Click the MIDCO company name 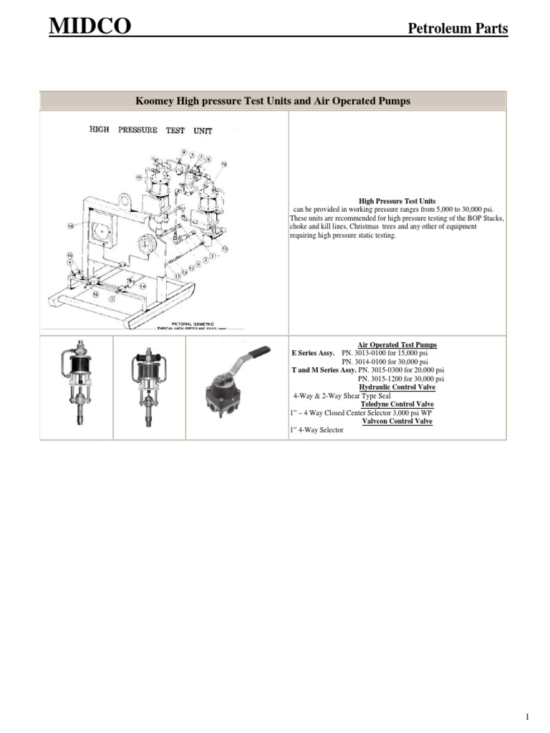coord(90,28)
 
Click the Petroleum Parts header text coord(458,29)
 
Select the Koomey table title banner coord(273,101)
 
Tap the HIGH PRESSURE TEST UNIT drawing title coord(150,130)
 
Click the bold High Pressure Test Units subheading coord(397,201)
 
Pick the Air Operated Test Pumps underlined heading coord(397,345)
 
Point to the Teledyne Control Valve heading coord(398,404)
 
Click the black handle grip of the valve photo coord(258,351)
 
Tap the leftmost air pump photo coord(76,387)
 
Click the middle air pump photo coord(149,387)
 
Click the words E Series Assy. coord(313,354)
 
